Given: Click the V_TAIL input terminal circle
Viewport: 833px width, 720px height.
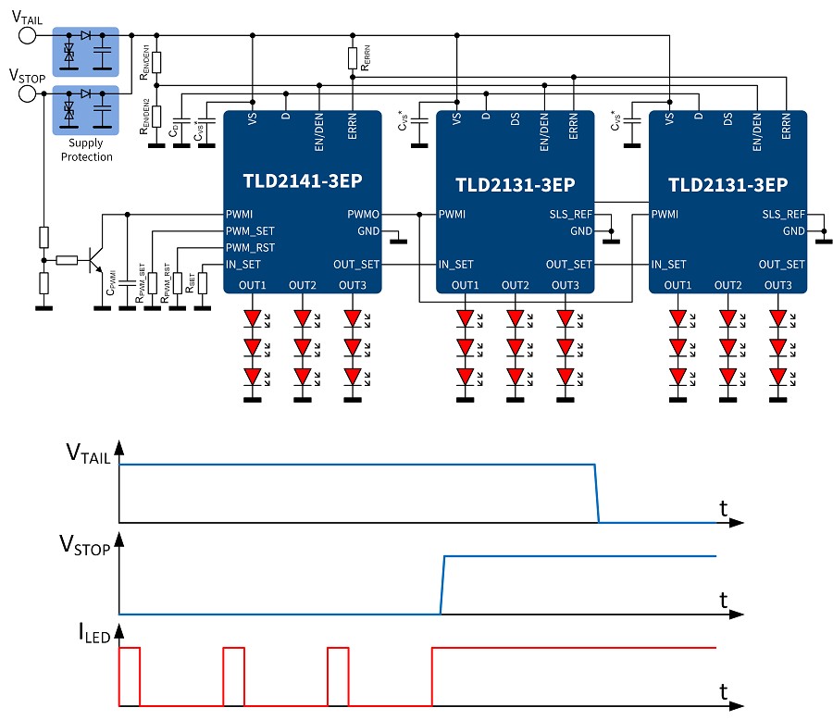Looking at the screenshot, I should (28, 35).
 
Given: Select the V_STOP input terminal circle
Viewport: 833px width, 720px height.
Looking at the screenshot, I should (28, 93).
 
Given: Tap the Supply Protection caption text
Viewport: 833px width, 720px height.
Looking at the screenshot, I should (86, 150).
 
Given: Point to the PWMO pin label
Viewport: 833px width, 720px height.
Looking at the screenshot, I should (362, 215).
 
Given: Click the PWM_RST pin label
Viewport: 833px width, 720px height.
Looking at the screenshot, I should (250, 248).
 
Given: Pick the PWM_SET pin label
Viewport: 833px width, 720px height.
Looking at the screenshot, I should (250, 231).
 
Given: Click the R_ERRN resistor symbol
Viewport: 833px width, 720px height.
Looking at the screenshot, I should (353, 58).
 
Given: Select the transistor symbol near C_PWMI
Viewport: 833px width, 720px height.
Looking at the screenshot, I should (93, 261).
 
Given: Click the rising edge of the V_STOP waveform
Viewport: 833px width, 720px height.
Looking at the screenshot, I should (442, 585).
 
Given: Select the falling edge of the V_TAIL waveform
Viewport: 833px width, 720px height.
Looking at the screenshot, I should (596, 493).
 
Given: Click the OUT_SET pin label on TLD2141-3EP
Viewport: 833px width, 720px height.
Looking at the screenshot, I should (361, 264).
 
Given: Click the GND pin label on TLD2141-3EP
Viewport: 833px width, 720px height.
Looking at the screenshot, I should (367, 230).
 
